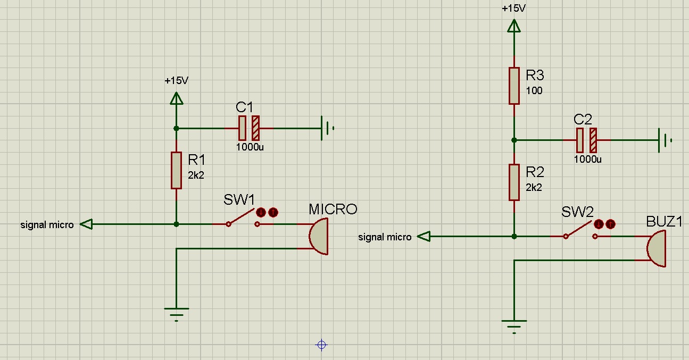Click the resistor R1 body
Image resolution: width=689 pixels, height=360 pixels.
(176, 170)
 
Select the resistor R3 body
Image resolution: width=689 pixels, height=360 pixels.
(513, 86)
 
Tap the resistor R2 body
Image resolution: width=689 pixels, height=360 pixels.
(513, 182)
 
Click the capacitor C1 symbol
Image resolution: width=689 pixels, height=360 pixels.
(248, 128)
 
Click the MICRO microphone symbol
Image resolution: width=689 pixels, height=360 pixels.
(318, 236)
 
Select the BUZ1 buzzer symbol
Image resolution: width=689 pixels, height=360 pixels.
(657, 248)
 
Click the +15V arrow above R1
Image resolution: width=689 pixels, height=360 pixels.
(176, 98)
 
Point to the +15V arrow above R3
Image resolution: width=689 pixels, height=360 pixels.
(513, 26)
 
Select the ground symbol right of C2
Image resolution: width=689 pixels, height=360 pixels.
(664, 140)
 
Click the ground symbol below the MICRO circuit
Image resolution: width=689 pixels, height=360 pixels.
(176, 313)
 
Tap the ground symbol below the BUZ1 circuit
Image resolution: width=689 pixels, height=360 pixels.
(514, 325)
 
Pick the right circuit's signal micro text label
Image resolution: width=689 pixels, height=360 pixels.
(385, 237)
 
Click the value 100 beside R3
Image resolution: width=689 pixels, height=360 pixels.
(534, 91)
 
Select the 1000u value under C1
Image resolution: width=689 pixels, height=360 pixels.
(250, 147)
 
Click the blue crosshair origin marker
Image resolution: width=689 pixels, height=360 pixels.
(321, 345)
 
